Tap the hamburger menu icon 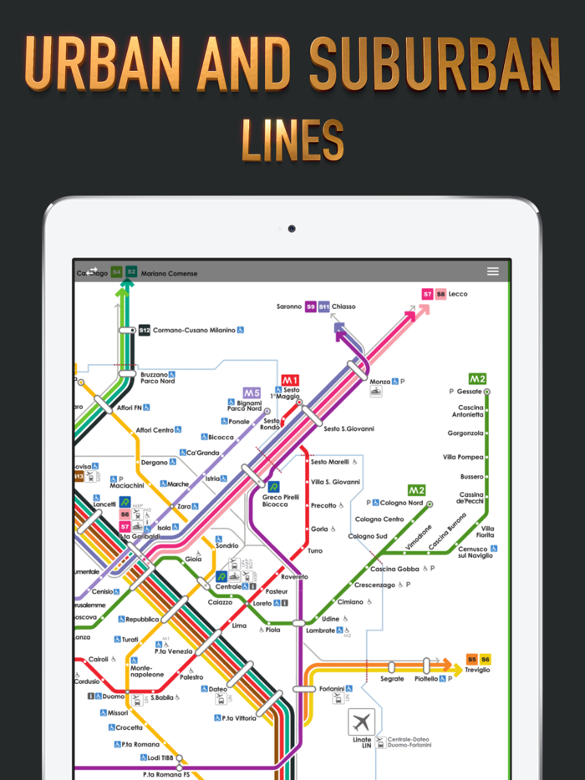point(493,271)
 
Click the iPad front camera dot point(292,228)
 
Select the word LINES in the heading point(292,139)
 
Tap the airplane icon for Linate point(362,721)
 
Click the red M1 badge point(290,380)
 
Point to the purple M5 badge point(252,393)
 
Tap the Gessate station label point(470,391)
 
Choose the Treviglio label point(478,671)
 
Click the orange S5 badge point(472,659)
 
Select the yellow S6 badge point(485,659)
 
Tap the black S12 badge point(145,330)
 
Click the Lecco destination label point(458,294)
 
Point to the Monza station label point(380,381)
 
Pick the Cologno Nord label point(402,503)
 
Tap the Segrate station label point(392,679)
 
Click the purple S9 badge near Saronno point(311,306)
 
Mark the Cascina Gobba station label point(394,569)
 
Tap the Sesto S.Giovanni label point(348,428)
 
